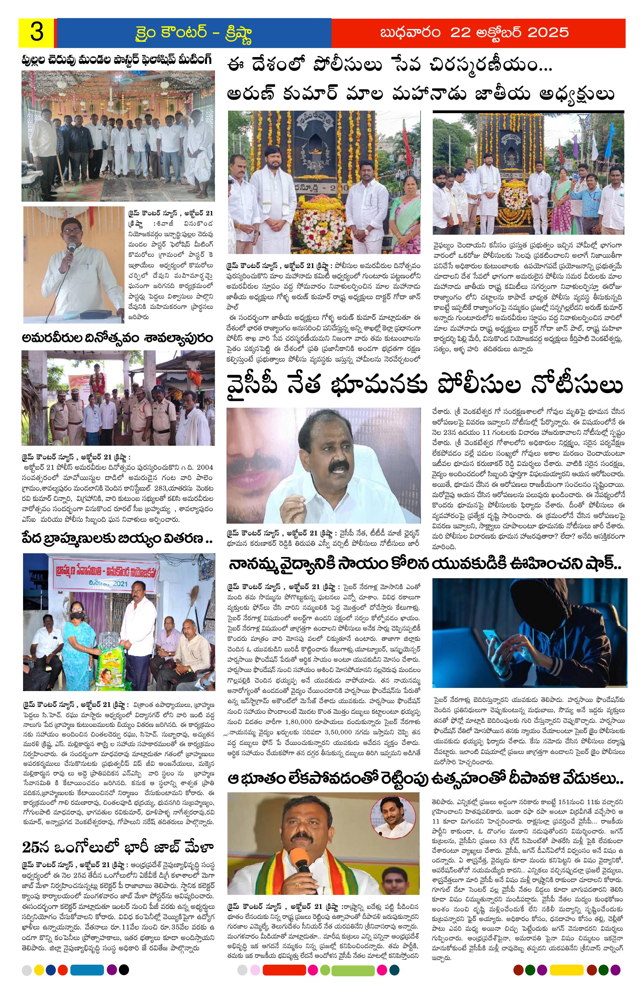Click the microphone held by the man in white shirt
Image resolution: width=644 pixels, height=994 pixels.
point(71,248)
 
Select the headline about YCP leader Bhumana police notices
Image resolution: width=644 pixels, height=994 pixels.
point(425,385)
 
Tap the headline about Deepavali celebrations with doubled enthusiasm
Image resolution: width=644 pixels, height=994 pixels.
point(425,779)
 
